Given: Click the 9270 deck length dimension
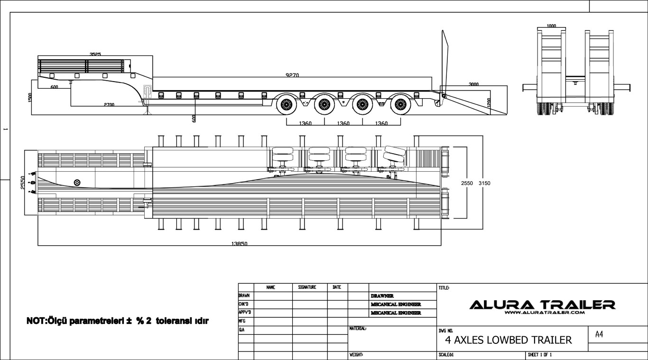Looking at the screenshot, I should pyautogui.click(x=292, y=75).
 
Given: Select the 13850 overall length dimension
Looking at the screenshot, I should pyautogui.click(x=239, y=244).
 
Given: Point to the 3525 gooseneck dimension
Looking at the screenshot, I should pyautogui.click(x=94, y=55).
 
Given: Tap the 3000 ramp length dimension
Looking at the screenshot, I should pyautogui.click(x=473, y=84).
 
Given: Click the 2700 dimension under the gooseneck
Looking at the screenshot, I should pyautogui.click(x=109, y=104).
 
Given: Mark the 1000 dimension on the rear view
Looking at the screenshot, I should pyautogui.click(x=551, y=26).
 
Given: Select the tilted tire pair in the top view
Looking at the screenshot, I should pyautogui.click(x=395, y=154).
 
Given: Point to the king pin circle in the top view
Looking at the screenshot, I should pyautogui.click(x=77, y=183).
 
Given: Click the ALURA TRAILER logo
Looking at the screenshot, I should pyautogui.click(x=542, y=306).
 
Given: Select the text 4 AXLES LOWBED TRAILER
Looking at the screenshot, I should pyautogui.click(x=509, y=340).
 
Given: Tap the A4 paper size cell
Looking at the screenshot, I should pyautogui.click(x=599, y=334).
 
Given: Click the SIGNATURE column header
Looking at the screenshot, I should pyautogui.click(x=309, y=287).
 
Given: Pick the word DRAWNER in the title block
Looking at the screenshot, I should pyautogui.click(x=382, y=296).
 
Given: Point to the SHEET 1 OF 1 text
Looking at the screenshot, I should pyautogui.click(x=540, y=355).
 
